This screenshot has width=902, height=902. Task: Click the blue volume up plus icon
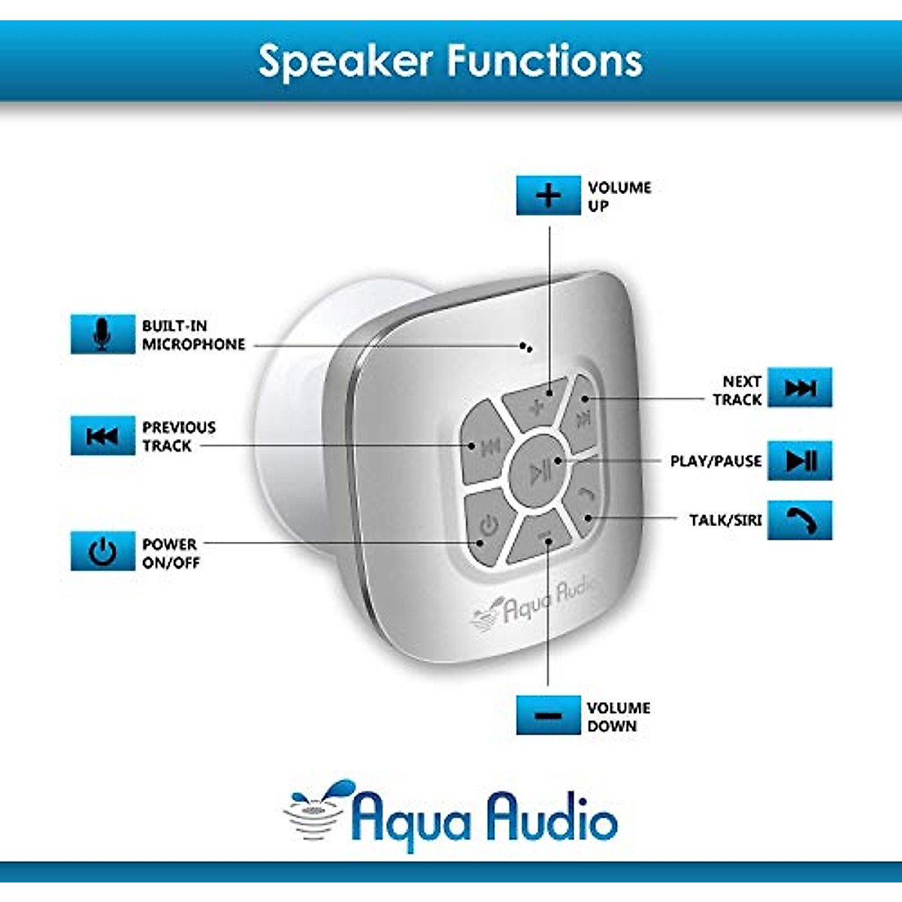point(548,195)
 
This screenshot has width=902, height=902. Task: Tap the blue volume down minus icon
point(548,716)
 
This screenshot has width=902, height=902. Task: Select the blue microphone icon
point(102,334)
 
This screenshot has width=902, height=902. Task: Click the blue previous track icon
point(102,435)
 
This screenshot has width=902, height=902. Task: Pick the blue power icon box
point(102,551)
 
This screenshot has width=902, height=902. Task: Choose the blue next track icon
point(800,387)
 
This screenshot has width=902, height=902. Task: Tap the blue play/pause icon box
point(800,460)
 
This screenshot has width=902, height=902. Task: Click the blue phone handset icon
point(800,520)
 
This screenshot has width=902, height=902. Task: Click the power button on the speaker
point(489,527)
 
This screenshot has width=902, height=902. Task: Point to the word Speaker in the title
point(346,62)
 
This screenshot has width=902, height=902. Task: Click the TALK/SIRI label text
point(725,520)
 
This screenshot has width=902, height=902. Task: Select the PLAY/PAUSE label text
point(716,461)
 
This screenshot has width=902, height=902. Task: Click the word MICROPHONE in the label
point(193,344)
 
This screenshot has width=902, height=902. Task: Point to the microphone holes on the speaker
point(525,347)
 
